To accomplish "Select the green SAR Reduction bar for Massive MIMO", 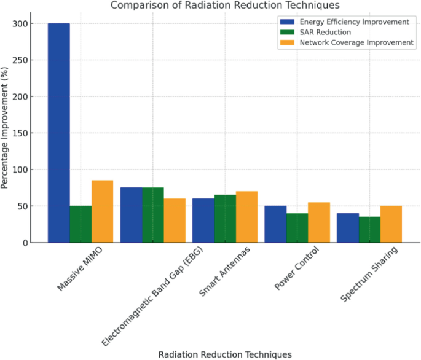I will point(81,224).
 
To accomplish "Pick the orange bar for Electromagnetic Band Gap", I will point(175,221).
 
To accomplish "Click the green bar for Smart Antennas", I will point(225,219).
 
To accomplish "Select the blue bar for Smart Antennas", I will point(203,221).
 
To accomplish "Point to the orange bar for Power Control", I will point(318,222).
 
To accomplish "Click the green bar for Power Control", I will point(297,228).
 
